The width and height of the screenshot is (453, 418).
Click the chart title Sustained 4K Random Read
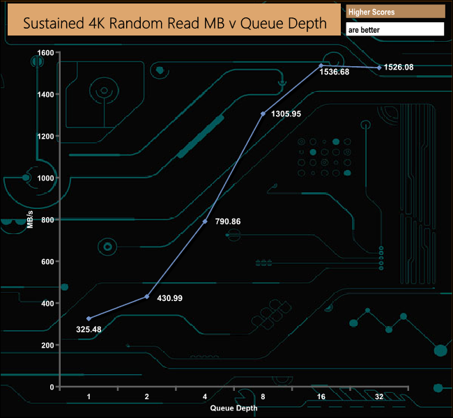[x=175, y=22]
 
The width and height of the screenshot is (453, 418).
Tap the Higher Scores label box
[x=395, y=12]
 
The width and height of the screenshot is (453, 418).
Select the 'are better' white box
[x=395, y=30]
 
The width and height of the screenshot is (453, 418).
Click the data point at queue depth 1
[x=89, y=318]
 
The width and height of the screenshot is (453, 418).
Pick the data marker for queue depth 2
[x=146, y=297]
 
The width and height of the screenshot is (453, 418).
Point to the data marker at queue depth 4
[x=205, y=222]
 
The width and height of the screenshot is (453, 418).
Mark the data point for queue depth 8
[x=263, y=114]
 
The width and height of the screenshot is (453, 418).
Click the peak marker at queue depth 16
[x=321, y=65]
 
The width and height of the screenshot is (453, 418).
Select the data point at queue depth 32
[x=379, y=68]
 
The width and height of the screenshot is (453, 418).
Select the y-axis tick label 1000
[x=45, y=178]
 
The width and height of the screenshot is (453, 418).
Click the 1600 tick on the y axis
[x=45, y=53]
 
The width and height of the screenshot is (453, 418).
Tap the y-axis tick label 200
[x=47, y=345]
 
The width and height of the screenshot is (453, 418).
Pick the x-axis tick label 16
[x=321, y=396]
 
